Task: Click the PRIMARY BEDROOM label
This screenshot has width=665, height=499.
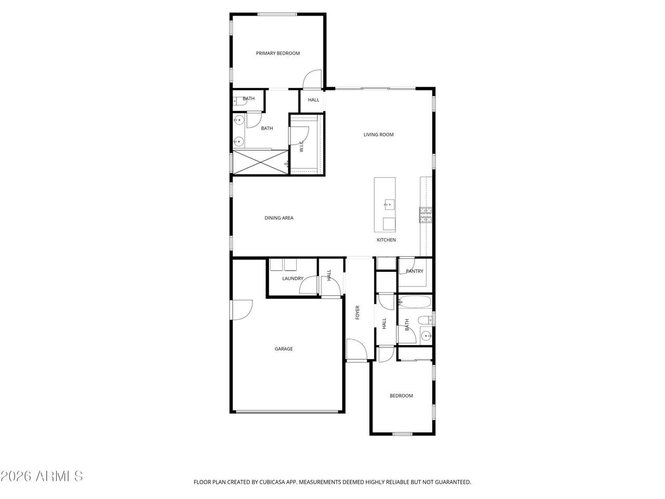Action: point(277,54)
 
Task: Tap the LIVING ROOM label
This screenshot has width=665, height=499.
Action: point(378,135)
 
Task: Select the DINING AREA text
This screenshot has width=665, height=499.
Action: point(278,218)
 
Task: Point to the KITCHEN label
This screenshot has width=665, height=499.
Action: point(386,240)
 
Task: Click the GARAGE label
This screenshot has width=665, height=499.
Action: point(284,349)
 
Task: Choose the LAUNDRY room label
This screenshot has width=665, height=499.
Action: point(292,279)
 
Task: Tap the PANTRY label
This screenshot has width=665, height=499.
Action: point(414,271)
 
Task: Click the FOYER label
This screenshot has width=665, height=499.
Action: point(357,312)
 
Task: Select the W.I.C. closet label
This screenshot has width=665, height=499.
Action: point(301,146)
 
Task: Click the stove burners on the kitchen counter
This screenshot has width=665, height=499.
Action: point(426,215)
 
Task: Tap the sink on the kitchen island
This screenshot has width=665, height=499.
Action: point(389,204)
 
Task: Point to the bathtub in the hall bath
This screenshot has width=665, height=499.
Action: point(415,302)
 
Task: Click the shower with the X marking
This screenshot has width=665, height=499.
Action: point(260,162)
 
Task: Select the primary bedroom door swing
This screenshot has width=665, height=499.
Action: point(312,79)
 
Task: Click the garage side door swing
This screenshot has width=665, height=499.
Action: point(241,310)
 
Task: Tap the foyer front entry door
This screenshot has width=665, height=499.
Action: point(357,350)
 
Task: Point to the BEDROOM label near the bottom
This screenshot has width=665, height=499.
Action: point(401,396)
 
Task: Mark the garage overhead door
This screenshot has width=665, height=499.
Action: point(287,412)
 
